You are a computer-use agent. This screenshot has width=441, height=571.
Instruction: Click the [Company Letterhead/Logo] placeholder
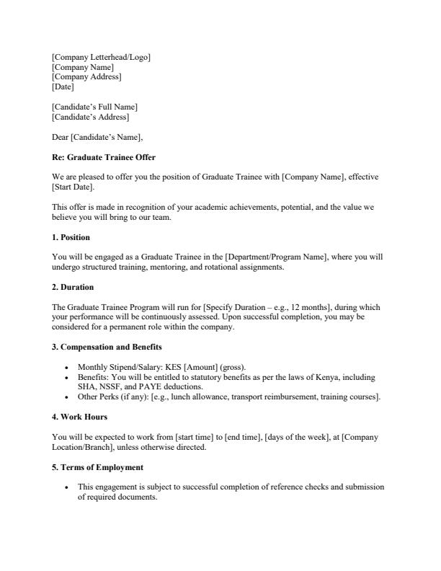(x=101, y=57)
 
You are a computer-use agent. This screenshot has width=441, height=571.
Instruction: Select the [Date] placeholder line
(x=63, y=87)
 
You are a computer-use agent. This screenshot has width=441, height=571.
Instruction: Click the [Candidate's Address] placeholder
(x=91, y=117)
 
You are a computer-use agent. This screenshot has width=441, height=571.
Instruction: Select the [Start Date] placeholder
(x=73, y=187)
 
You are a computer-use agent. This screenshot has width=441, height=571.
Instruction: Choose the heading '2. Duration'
(x=73, y=287)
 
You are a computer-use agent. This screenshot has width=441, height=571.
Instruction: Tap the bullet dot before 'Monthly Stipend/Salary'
(x=66, y=367)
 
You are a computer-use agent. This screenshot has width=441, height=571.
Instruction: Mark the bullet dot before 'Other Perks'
(x=66, y=397)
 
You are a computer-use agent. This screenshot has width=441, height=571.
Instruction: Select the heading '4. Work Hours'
(x=79, y=417)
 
